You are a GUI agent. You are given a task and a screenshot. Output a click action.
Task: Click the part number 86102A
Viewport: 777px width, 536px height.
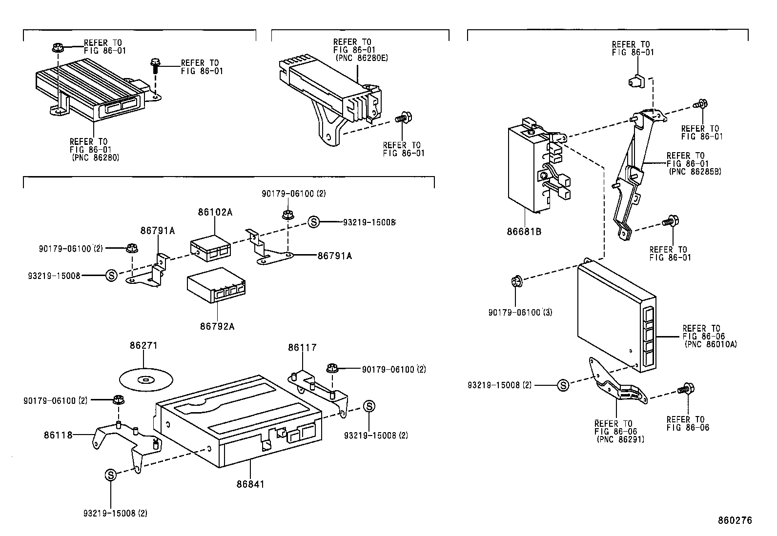click(x=215, y=212)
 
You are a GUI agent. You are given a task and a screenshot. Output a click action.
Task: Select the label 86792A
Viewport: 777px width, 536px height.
click(x=217, y=326)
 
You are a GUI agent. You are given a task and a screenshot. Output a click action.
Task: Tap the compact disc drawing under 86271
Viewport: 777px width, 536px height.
click(x=146, y=379)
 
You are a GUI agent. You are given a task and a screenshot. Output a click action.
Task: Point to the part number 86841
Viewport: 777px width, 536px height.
click(x=250, y=484)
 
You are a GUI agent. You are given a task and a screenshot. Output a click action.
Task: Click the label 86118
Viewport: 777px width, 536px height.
click(x=58, y=434)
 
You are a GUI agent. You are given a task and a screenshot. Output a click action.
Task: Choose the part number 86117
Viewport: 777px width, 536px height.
click(x=302, y=348)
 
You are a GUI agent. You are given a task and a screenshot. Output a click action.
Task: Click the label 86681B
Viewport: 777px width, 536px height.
click(x=524, y=232)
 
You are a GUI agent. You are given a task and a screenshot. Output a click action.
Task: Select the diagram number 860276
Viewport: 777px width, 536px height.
click(x=735, y=520)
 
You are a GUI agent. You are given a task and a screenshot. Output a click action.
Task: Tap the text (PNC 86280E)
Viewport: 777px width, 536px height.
click(x=361, y=58)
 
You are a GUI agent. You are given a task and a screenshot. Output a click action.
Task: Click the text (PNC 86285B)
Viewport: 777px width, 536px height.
click(x=695, y=171)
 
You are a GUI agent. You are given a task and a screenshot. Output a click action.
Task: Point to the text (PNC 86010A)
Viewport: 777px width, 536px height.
click(x=710, y=344)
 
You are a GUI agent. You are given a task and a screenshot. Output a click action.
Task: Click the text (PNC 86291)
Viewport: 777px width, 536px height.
click(x=620, y=439)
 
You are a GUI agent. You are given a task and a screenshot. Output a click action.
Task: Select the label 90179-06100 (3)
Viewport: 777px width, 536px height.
click(x=520, y=312)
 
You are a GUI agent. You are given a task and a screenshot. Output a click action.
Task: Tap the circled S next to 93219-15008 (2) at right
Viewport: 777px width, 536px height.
click(x=563, y=385)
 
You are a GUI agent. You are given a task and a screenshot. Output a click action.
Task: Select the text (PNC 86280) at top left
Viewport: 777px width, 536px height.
click(x=95, y=158)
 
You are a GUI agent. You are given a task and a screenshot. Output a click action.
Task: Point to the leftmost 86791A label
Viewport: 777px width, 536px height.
click(x=158, y=231)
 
